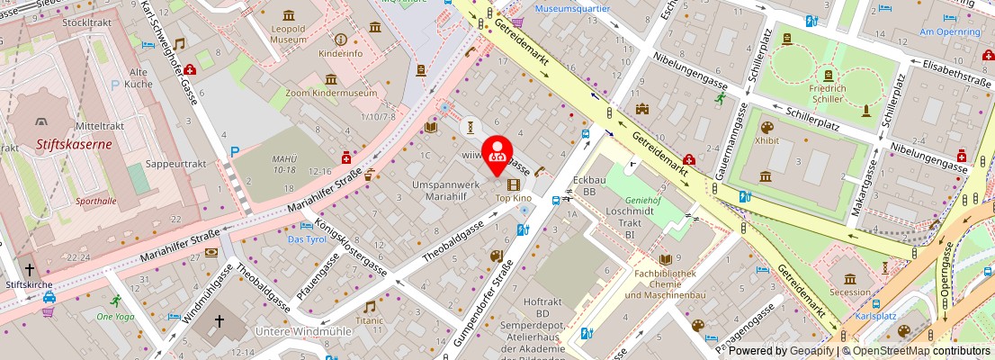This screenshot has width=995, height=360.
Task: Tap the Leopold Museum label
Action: click(289, 34)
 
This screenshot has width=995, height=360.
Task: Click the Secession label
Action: click(850, 292)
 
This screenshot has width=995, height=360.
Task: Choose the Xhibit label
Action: click(767, 141)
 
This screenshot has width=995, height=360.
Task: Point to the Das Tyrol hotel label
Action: click(306, 239)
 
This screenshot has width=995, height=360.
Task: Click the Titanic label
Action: click(369, 319)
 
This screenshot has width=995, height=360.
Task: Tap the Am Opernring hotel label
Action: click(949, 31)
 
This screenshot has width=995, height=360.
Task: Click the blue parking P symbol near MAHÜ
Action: click(234, 152)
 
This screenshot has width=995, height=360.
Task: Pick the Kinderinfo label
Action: click(341, 53)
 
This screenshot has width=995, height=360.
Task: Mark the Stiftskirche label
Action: click(29, 283)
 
